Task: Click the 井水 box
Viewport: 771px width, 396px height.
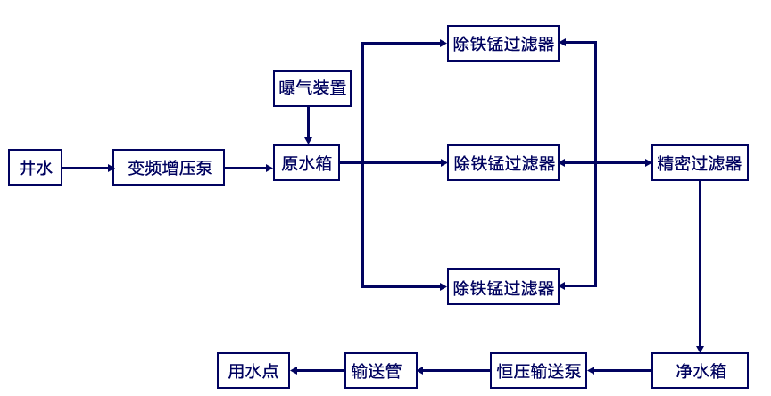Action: [36, 167]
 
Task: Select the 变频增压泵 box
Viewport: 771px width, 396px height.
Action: [169, 167]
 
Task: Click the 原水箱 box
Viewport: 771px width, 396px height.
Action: [306, 164]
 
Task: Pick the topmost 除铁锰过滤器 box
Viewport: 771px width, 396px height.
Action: [503, 44]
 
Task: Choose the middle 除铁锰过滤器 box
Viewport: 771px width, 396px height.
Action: [503, 163]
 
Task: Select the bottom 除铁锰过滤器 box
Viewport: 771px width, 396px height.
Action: [503, 287]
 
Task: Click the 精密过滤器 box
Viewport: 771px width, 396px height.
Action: [700, 163]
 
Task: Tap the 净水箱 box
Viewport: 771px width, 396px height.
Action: [701, 370]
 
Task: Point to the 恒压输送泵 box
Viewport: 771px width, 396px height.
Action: [539, 370]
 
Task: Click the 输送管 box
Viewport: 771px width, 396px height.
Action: [380, 370]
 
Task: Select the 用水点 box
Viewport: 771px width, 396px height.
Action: [253, 370]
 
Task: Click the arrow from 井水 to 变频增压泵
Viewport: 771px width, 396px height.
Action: [87, 167]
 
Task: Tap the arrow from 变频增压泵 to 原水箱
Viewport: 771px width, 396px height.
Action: [249, 167]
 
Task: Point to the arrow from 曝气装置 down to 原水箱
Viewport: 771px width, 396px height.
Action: [309, 126]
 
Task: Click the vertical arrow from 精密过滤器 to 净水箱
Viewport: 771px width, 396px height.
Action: [700, 268]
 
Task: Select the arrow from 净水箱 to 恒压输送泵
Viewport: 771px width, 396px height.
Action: [620, 370]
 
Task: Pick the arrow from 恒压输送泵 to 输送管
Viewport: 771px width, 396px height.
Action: [453, 370]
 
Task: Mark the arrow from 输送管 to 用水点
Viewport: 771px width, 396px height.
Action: [317, 370]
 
